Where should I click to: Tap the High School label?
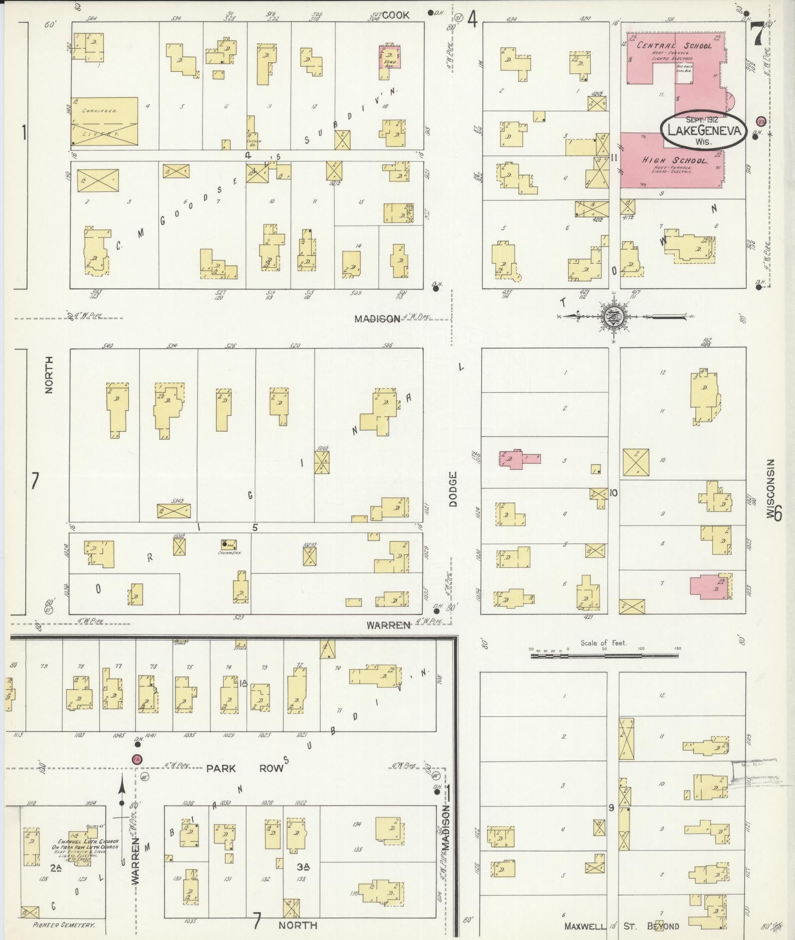[x=675, y=160]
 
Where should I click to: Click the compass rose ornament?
[x=613, y=316]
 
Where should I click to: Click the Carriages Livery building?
[x=104, y=122]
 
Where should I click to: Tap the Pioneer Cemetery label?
[x=63, y=925]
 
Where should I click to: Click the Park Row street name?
[x=245, y=768]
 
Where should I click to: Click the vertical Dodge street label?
[x=452, y=489]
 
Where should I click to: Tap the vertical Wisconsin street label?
[x=771, y=488]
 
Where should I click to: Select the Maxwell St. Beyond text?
[x=622, y=926]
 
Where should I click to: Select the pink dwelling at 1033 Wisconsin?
[x=709, y=585]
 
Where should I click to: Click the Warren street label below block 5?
[x=388, y=625]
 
